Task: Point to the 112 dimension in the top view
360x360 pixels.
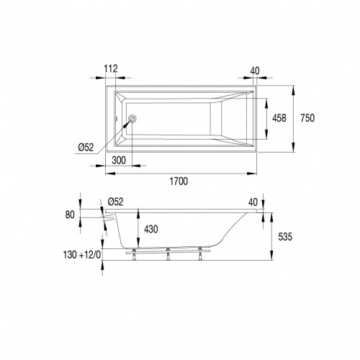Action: [x=110, y=68]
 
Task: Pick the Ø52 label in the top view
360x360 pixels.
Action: [x=85, y=147]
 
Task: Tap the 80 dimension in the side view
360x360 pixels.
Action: [x=70, y=213]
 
